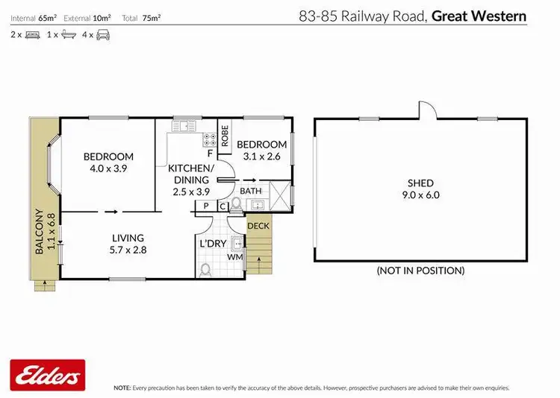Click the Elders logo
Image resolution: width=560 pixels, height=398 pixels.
tap(47, 374)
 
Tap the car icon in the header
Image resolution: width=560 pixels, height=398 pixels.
tap(103, 34)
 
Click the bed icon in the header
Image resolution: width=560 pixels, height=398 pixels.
tap(32, 34)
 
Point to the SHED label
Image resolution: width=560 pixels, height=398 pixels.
tap(420, 183)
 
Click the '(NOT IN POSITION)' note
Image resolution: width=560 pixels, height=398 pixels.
tap(420, 271)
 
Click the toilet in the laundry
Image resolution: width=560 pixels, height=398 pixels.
tap(207, 269)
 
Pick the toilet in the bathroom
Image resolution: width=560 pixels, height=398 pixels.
tap(237, 203)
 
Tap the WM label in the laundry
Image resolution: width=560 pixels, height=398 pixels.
tap(234, 257)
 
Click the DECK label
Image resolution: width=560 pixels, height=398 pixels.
tap(258, 225)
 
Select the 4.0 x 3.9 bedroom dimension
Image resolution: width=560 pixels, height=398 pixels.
tap(108, 169)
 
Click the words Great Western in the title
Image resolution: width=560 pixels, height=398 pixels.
tap(480, 16)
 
